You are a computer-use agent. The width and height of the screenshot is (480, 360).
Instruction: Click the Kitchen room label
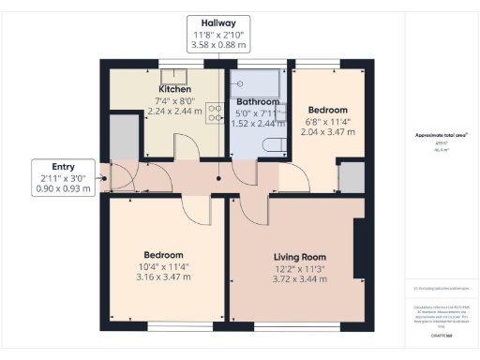[175, 89]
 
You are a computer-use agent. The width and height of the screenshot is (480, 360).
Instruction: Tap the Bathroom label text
[258, 101]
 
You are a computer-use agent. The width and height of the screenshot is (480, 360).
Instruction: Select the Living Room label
[299, 257]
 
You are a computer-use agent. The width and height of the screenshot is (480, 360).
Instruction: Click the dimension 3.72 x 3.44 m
[299, 279]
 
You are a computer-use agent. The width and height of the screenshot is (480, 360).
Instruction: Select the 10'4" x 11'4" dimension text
[162, 266]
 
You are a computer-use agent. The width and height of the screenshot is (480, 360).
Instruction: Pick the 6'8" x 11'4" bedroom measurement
[329, 121]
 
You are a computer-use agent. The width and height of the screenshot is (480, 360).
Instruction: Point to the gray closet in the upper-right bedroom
[352, 176]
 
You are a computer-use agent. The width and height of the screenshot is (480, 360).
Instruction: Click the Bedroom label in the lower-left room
[162, 255]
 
